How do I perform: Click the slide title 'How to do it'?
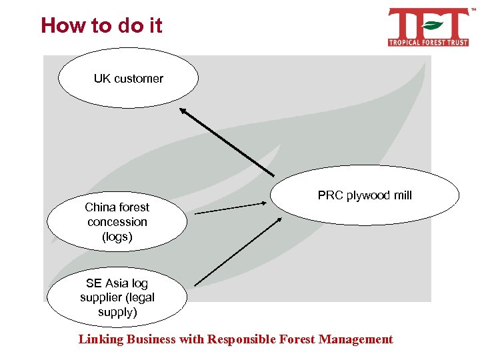click(x=101, y=26)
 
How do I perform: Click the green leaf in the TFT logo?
click(x=433, y=26)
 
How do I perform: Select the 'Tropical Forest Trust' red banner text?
click(x=428, y=42)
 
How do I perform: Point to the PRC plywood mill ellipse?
click(x=365, y=196)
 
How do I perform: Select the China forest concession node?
click(x=117, y=222)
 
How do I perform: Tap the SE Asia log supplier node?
click(x=117, y=297)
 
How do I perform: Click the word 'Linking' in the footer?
click(x=101, y=339)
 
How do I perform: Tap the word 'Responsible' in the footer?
click(x=243, y=339)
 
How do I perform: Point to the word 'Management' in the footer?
click(x=356, y=339)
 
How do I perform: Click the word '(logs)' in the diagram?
click(x=117, y=237)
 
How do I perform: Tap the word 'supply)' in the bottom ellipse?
click(x=117, y=312)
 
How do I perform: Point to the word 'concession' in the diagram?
click(x=117, y=222)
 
